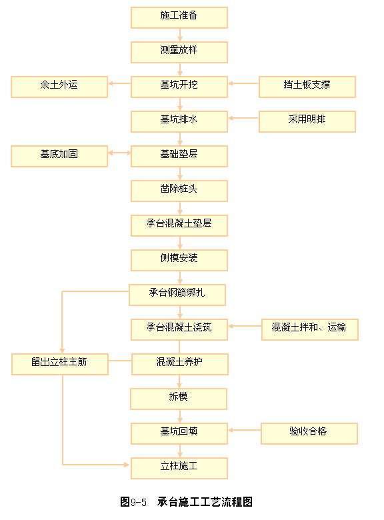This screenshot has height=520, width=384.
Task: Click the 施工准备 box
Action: coord(179,17)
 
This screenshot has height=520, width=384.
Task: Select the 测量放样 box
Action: coord(179,52)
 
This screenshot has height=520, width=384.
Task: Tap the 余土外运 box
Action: coord(59,87)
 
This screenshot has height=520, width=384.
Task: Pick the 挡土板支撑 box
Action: coord(307,87)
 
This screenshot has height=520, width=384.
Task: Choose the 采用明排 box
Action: coord(307,121)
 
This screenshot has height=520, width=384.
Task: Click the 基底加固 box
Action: coord(59,156)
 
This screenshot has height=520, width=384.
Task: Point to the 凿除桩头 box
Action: coord(179,191)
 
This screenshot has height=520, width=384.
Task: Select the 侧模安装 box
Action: coord(179,260)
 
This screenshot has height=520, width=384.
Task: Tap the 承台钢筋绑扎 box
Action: coord(177,295)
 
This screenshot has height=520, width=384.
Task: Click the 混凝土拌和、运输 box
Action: coord(310,329)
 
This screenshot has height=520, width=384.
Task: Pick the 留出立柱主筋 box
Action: coord(60,364)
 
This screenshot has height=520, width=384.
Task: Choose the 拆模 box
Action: coord(179,399)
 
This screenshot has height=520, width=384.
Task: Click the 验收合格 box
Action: coord(309,433)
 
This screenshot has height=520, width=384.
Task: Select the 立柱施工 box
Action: coord(179,468)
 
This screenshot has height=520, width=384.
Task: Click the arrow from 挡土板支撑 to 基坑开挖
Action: coord(243,83)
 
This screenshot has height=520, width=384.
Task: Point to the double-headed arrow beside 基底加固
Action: coord(119,153)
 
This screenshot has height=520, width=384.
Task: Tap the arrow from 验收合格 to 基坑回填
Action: coord(245,430)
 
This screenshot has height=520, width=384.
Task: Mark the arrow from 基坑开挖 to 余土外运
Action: coord(119,83)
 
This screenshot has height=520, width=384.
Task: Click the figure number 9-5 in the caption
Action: coord(139,502)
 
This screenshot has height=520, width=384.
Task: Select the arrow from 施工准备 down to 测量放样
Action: coord(180,35)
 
